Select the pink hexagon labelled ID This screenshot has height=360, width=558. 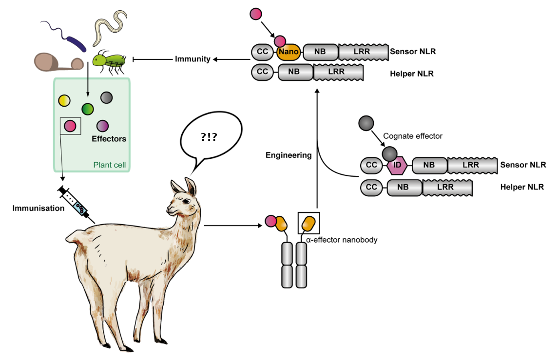[397, 165]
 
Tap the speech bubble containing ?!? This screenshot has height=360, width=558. [211, 137]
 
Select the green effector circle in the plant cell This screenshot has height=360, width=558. [88, 109]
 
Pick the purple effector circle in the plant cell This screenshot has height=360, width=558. [102, 126]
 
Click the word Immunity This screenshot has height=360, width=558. [192, 59]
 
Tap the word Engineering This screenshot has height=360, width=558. [289, 155]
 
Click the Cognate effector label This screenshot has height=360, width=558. [413, 136]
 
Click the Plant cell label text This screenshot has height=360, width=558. [109, 165]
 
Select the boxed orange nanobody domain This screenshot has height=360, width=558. [308, 224]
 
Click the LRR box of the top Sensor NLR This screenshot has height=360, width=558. [363, 52]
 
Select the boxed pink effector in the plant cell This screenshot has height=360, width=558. [70, 126]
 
